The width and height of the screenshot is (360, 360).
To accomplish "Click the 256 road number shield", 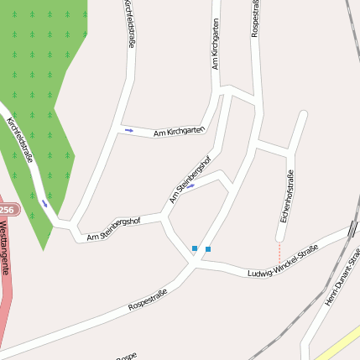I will pyautogui.click(x=7, y=210).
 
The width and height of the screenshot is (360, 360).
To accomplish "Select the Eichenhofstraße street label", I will pyautogui.click(x=286, y=196).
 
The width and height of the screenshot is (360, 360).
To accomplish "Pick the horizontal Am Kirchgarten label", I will pyautogui.click(x=179, y=131).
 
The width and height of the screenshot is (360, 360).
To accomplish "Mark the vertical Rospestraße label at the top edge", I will pyautogui.click(x=255, y=18).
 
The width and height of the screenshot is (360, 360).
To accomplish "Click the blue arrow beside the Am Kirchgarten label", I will pyautogui.click(x=128, y=130).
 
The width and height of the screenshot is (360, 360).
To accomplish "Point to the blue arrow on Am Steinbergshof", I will pyautogui.click(x=190, y=186).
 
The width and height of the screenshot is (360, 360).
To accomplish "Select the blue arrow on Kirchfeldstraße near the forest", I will pyautogui.click(x=44, y=202).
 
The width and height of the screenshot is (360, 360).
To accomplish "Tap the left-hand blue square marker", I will pyautogui.click(x=195, y=248).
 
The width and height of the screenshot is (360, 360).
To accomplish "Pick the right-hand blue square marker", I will pyautogui.click(x=208, y=248).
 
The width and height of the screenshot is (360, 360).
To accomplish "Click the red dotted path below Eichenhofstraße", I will pyautogui.click(x=279, y=252).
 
